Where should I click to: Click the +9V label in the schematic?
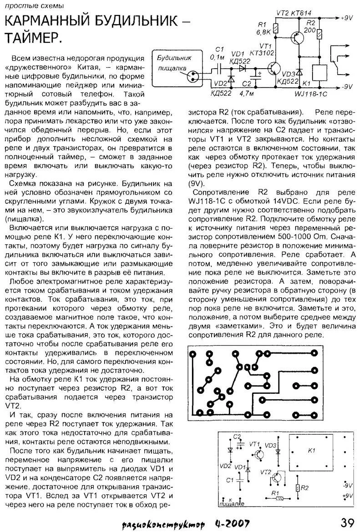pyautogui.click(x=347, y=19)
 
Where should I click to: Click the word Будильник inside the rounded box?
pyautogui.click(x=175, y=59)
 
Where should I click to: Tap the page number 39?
pyautogui.click(x=349, y=521)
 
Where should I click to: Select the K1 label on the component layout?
pyautogui.click(x=311, y=451)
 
